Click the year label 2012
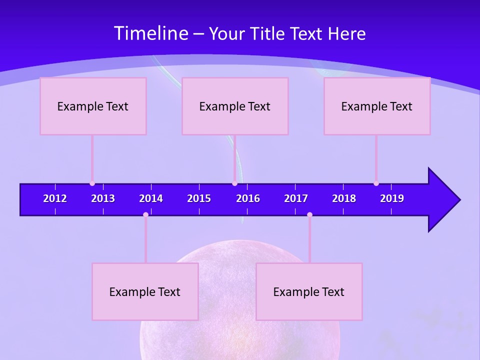coord(55,198)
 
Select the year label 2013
coord(103,198)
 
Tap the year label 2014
coord(151,198)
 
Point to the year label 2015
coord(199,198)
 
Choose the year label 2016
coord(248,198)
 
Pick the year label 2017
coord(296,198)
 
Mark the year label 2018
coord(344,198)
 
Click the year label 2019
coord(392,198)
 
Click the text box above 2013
coord(93,106)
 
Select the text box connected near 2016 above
coord(235,106)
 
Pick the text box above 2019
coord(377,106)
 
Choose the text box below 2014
coord(145,291)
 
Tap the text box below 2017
coord(309,291)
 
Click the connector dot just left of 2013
coord(92,183)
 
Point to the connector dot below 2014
coord(145,214)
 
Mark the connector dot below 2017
coord(309,214)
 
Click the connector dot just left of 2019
coord(376,183)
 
